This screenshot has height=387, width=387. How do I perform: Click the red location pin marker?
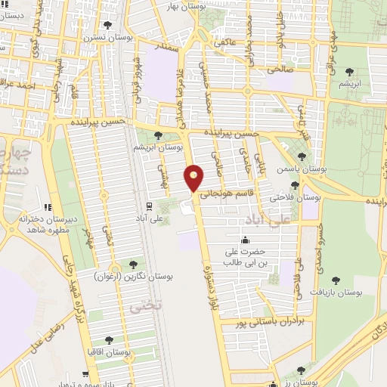coord(194,178)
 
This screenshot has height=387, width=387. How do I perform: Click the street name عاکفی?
coord(227,42)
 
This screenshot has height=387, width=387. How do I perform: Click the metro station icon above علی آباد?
coord(148,206)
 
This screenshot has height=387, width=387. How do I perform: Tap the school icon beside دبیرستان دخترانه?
coord(47,206)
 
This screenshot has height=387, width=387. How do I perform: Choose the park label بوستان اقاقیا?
coord(109,352)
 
